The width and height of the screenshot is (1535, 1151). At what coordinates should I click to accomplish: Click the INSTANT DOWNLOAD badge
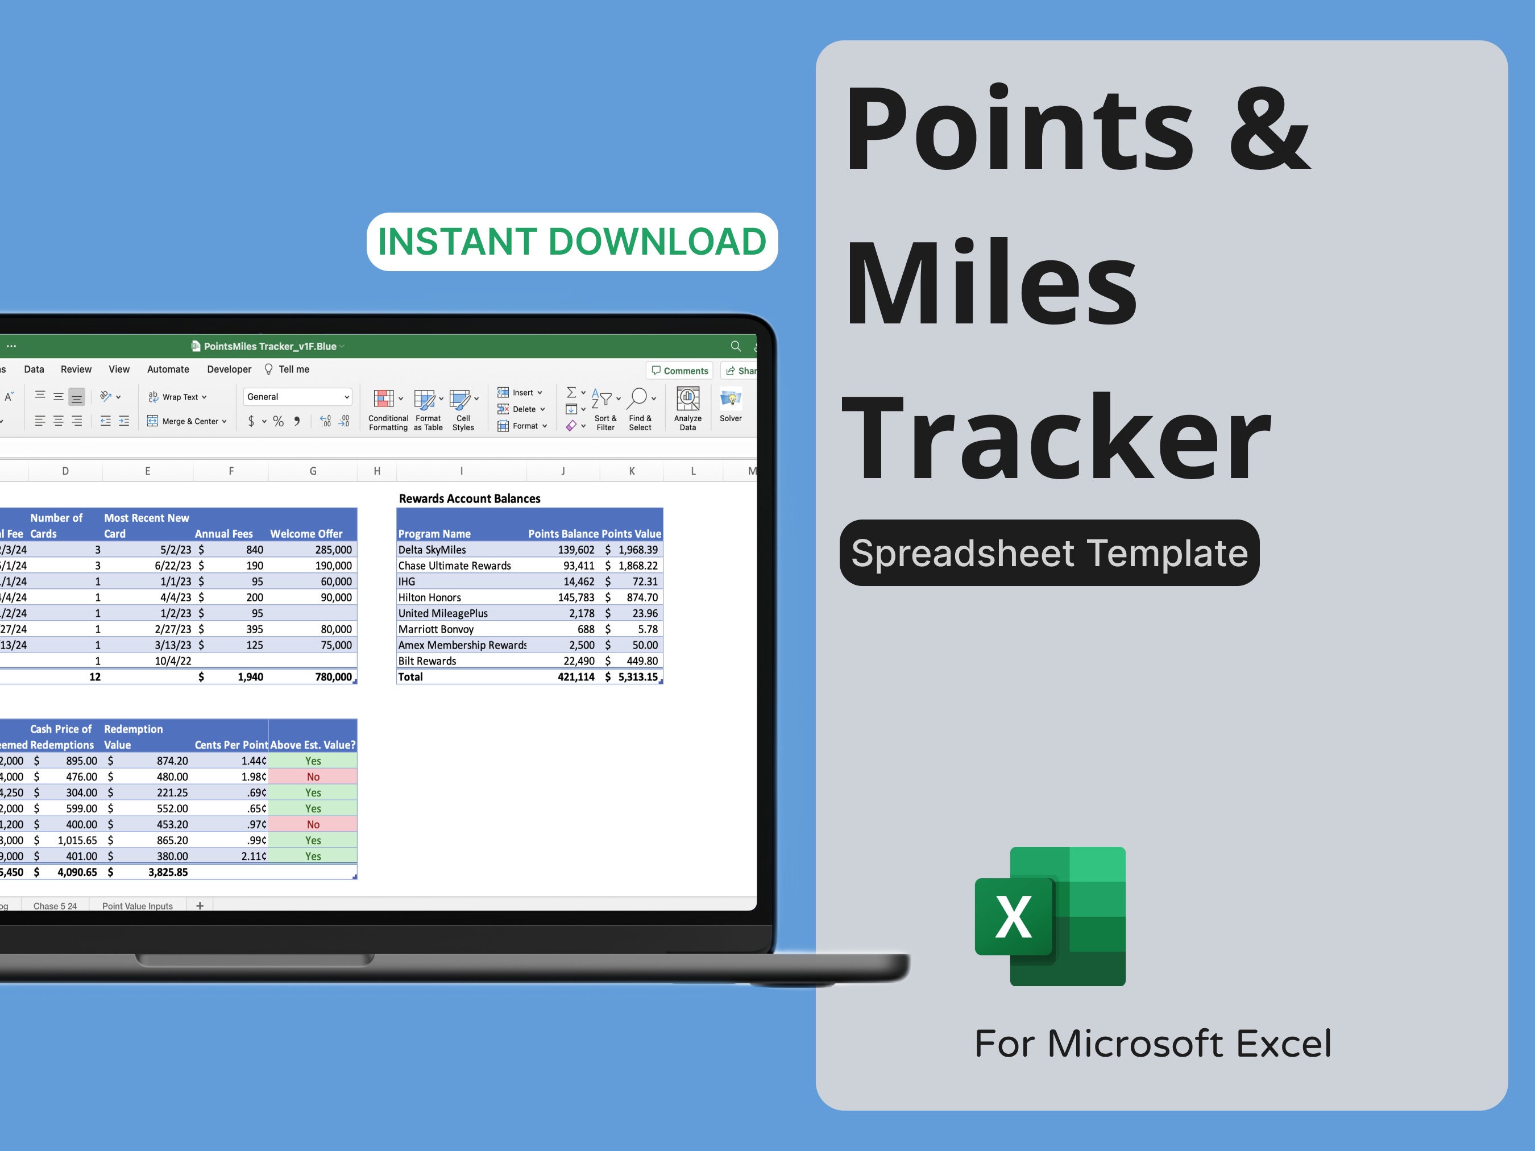click(x=572, y=242)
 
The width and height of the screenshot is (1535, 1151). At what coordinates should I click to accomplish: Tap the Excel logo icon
click(x=1050, y=916)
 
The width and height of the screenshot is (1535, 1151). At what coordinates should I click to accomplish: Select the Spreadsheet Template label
click(x=1049, y=553)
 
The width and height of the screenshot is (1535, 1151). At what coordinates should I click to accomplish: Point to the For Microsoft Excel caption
click(x=1152, y=1044)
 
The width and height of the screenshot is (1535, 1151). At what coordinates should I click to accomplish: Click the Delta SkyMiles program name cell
click(x=432, y=550)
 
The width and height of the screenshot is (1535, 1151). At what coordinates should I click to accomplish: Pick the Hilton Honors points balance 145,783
click(x=576, y=597)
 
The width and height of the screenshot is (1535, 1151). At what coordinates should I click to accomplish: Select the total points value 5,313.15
click(x=637, y=677)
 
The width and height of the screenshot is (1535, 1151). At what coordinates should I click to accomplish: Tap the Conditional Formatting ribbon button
click(x=388, y=409)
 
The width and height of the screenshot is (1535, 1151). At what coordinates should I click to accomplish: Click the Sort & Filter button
click(x=605, y=409)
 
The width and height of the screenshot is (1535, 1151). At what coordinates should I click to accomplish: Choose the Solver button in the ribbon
click(x=731, y=406)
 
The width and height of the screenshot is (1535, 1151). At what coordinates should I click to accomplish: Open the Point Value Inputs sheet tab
click(x=138, y=906)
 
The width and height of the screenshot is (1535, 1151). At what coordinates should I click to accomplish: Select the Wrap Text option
click(x=177, y=397)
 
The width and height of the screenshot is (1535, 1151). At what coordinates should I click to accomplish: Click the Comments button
click(x=680, y=371)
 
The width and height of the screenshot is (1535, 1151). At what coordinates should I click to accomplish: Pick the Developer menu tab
click(x=229, y=369)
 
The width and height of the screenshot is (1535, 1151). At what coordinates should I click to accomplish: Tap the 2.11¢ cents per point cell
click(x=254, y=856)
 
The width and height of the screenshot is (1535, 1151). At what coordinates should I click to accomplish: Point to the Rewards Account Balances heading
click(x=469, y=498)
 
